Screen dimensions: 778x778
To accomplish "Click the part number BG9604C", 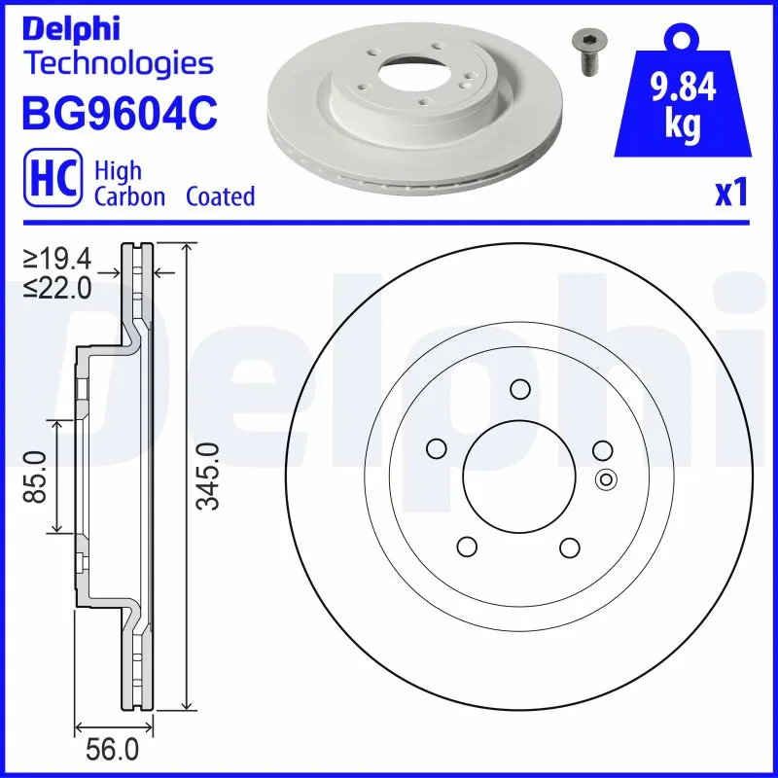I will coord(119,114).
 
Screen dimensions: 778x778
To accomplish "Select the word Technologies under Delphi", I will coord(118,64).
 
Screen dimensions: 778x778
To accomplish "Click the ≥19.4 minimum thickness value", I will coord(57,259).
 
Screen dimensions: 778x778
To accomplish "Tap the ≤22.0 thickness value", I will coord(57,287).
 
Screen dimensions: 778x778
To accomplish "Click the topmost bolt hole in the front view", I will coord(519,390).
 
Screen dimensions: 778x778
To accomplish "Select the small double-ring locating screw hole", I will coord(606,478).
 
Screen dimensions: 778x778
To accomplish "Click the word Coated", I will coord(220,196).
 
